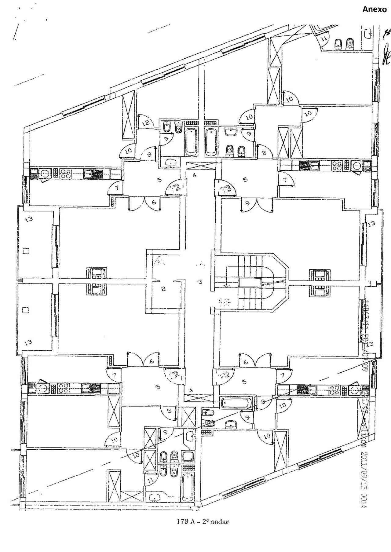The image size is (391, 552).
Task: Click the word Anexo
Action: coord(374,9)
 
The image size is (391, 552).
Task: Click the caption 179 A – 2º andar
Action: coord(203,521)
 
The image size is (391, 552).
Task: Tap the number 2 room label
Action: coord(163,289)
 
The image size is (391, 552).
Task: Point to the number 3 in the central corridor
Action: coord(200,282)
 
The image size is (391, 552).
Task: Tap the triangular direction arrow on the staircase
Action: coord(226,286)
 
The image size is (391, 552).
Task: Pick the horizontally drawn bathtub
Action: coord(237,403)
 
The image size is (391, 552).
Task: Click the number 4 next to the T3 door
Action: coord(195,175)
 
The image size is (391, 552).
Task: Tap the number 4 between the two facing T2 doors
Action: coord(191,390)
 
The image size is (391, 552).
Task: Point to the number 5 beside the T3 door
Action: coord(245,180)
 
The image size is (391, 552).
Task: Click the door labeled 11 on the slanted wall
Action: coord(324,39)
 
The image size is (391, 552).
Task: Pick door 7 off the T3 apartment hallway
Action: coord(285,180)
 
